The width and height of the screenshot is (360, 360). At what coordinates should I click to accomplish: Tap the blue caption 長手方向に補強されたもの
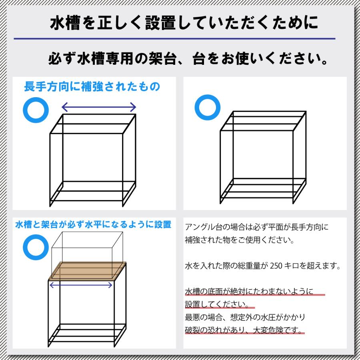coord(92,86)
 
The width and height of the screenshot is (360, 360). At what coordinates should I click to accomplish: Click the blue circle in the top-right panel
coord(207,108)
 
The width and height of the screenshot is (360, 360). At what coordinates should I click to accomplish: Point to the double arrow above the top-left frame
coord(99,107)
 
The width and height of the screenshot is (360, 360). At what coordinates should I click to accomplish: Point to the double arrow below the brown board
coord(81,285)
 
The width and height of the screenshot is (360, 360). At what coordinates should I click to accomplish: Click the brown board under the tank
coord(87,271)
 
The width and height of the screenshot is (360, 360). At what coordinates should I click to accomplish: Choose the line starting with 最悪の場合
coord(245,317)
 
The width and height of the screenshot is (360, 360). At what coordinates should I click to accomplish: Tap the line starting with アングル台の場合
coord(256,228)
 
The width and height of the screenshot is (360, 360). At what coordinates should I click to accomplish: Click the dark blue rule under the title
coord(174,39)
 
